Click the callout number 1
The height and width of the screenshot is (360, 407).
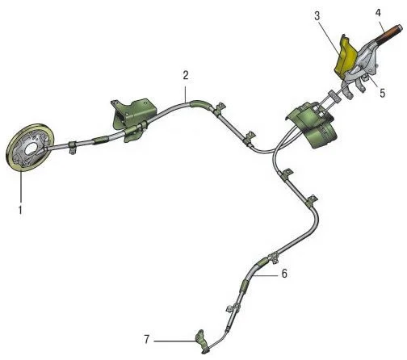coord(20,210)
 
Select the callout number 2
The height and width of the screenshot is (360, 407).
coord(186,76)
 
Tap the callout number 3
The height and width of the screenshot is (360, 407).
coord(317,16)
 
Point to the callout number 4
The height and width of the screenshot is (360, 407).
coord(378,13)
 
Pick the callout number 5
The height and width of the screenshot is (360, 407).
coord(383,93)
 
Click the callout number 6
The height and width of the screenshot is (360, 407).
coord(284,274)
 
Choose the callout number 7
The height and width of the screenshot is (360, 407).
coord(147,339)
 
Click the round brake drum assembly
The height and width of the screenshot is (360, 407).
coord(30,147)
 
